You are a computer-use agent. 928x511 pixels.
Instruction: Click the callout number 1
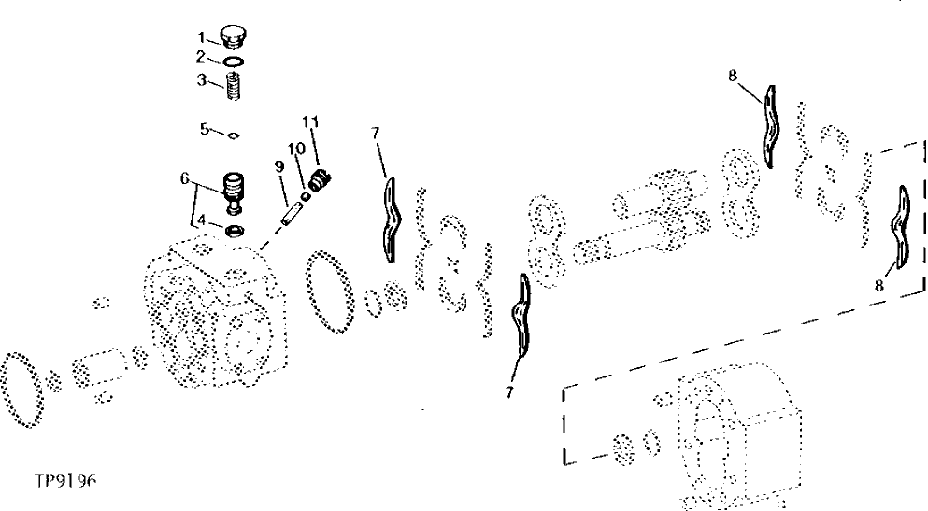coord(200,36)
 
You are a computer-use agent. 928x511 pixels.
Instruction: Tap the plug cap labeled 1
coord(232,37)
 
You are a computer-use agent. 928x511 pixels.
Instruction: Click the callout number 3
coord(200,81)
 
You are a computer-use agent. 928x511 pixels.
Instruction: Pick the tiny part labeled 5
coord(235,135)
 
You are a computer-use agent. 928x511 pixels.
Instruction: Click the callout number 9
coord(278,166)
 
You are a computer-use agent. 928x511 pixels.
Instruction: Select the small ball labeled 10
coord(306,183)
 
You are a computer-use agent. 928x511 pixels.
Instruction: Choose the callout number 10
coord(295,148)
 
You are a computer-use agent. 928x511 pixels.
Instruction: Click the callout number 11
coord(310,121)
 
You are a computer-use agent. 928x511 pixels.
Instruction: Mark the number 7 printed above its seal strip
coord(376,134)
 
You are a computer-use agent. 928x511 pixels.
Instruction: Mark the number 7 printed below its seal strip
coord(510,392)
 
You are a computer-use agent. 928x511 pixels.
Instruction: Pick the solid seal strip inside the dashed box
coord(903,227)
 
